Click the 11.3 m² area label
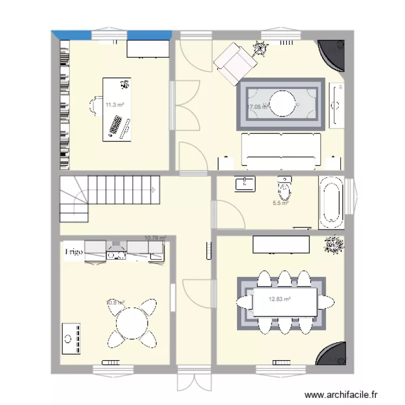pos(114,105)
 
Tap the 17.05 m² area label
pos(257,107)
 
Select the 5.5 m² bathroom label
pos(280,203)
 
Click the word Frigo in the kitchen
pos(74,252)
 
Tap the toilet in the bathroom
pos(284,188)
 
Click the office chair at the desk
pos(97,105)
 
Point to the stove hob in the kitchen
pos(117,251)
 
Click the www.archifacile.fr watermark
pos(341,395)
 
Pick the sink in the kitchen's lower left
pos(71,337)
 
